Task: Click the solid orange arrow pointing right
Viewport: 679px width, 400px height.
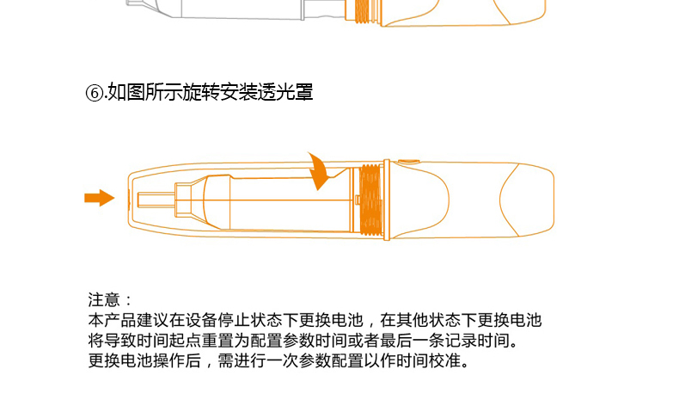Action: pyautogui.click(x=100, y=198)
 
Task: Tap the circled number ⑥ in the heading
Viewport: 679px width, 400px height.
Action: pyautogui.click(x=94, y=93)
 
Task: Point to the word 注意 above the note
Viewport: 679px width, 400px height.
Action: pyautogui.click(x=104, y=299)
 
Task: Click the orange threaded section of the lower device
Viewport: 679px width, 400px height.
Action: pyautogui.click(x=371, y=200)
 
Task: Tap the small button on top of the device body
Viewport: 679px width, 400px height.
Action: pyautogui.click(x=408, y=162)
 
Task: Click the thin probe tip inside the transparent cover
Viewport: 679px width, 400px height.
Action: pyautogui.click(x=156, y=200)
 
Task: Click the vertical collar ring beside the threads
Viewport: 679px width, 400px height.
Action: pyautogui.click(x=387, y=200)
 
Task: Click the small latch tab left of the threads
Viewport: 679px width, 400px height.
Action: pyautogui.click(x=358, y=200)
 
